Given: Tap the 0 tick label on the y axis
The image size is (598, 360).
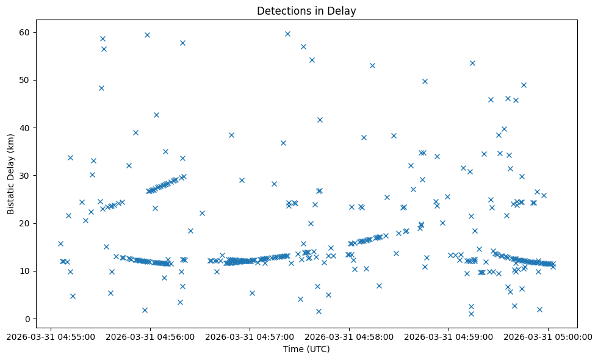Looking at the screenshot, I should click(x=27, y=319).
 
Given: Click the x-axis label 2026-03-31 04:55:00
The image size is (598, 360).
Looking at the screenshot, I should click(x=51, y=336).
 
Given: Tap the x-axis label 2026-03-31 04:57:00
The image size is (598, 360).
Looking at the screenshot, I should click(x=250, y=336).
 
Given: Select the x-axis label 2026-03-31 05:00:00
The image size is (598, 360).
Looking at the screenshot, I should click(x=548, y=336).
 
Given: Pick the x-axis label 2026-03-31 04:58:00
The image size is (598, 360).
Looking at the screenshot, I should click(x=349, y=336).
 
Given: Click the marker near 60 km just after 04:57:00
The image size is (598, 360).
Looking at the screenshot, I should click(x=287, y=34).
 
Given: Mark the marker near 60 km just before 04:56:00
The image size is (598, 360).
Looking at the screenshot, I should click(x=147, y=35).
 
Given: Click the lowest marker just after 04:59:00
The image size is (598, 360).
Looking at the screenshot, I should click(x=471, y=314).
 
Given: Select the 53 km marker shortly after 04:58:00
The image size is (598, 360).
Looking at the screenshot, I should click(x=372, y=65).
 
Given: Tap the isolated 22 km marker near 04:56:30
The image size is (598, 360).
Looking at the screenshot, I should click(x=202, y=213).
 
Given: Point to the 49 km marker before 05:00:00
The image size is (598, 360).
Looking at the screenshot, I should click(x=524, y=85).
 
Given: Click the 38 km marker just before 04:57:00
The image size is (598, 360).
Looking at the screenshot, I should click(x=231, y=135).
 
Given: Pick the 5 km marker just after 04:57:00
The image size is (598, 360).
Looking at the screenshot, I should click(x=252, y=293).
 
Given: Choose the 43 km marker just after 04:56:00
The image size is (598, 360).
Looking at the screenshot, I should click(x=156, y=115).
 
